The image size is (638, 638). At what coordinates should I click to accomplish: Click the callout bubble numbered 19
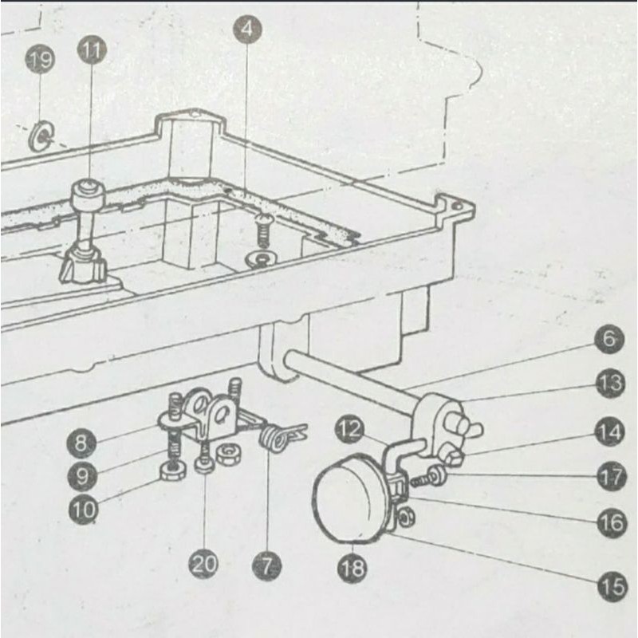(41, 60)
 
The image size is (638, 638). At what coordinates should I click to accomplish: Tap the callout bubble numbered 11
(92, 52)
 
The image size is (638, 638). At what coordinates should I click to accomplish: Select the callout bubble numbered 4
(248, 30)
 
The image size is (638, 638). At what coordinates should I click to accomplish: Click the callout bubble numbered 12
(349, 429)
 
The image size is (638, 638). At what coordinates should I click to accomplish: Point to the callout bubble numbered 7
(266, 566)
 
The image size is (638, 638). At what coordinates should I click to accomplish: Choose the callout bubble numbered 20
(203, 565)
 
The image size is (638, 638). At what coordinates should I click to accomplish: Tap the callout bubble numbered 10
(82, 508)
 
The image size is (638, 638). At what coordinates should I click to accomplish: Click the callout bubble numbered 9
(82, 475)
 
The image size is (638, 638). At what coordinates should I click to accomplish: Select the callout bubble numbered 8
(82, 442)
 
